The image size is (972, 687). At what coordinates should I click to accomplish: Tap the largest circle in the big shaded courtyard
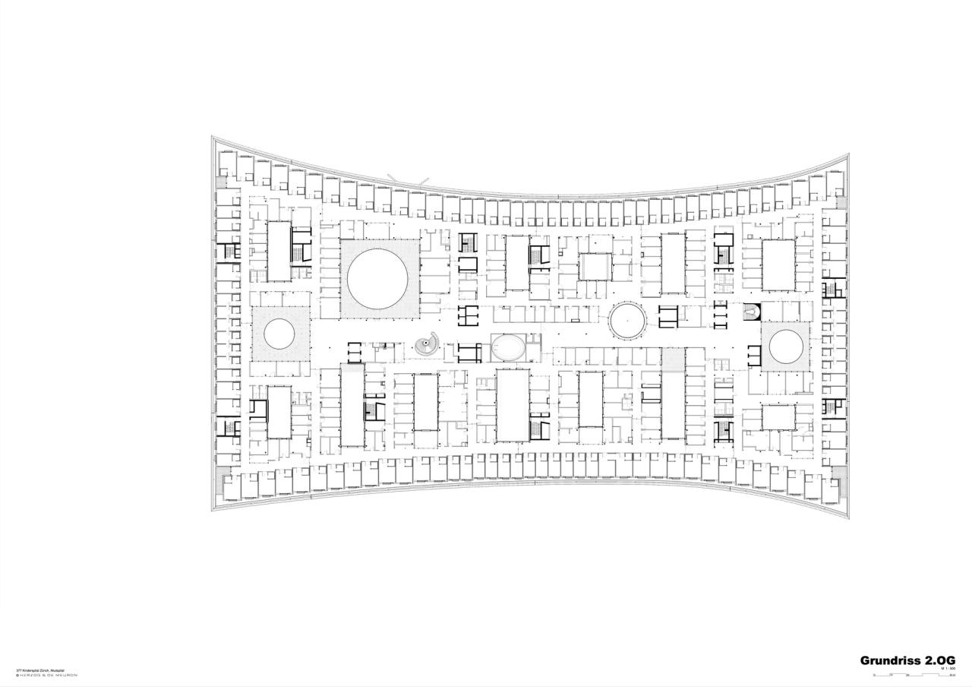click(x=379, y=277)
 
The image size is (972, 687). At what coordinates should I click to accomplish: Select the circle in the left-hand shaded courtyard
click(x=279, y=334)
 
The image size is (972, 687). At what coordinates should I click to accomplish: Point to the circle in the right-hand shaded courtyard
click(x=786, y=347)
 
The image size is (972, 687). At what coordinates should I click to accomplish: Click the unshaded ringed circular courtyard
click(x=628, y=321)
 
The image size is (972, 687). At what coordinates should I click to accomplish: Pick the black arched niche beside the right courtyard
click(x=751, y=312)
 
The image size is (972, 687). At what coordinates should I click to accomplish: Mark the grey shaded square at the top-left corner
click(x=221, y=183)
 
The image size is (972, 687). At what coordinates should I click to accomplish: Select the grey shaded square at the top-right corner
click(x=841, y=202)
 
